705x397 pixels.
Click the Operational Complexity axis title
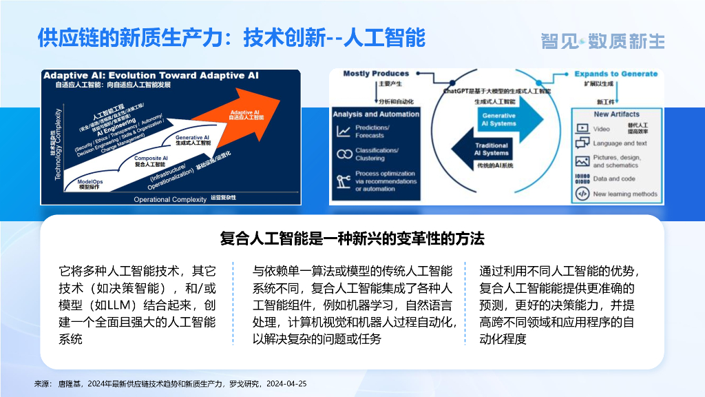pos(170,199)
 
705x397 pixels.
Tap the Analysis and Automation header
pos(375,114)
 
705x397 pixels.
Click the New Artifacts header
pos(616,114)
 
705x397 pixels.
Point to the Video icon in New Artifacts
pos(582,129)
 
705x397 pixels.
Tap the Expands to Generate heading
pos(615,74)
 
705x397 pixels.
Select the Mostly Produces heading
pos(375,73)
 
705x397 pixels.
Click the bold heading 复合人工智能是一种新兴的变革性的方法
pos(352,239)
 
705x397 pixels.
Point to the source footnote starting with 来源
pos(170,383)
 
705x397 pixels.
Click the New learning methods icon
pos(582,194)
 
